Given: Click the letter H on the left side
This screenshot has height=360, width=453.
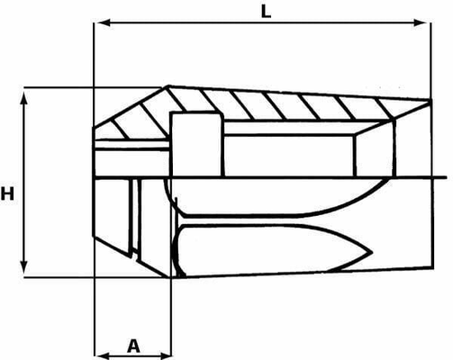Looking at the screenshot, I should pos(7,193).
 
